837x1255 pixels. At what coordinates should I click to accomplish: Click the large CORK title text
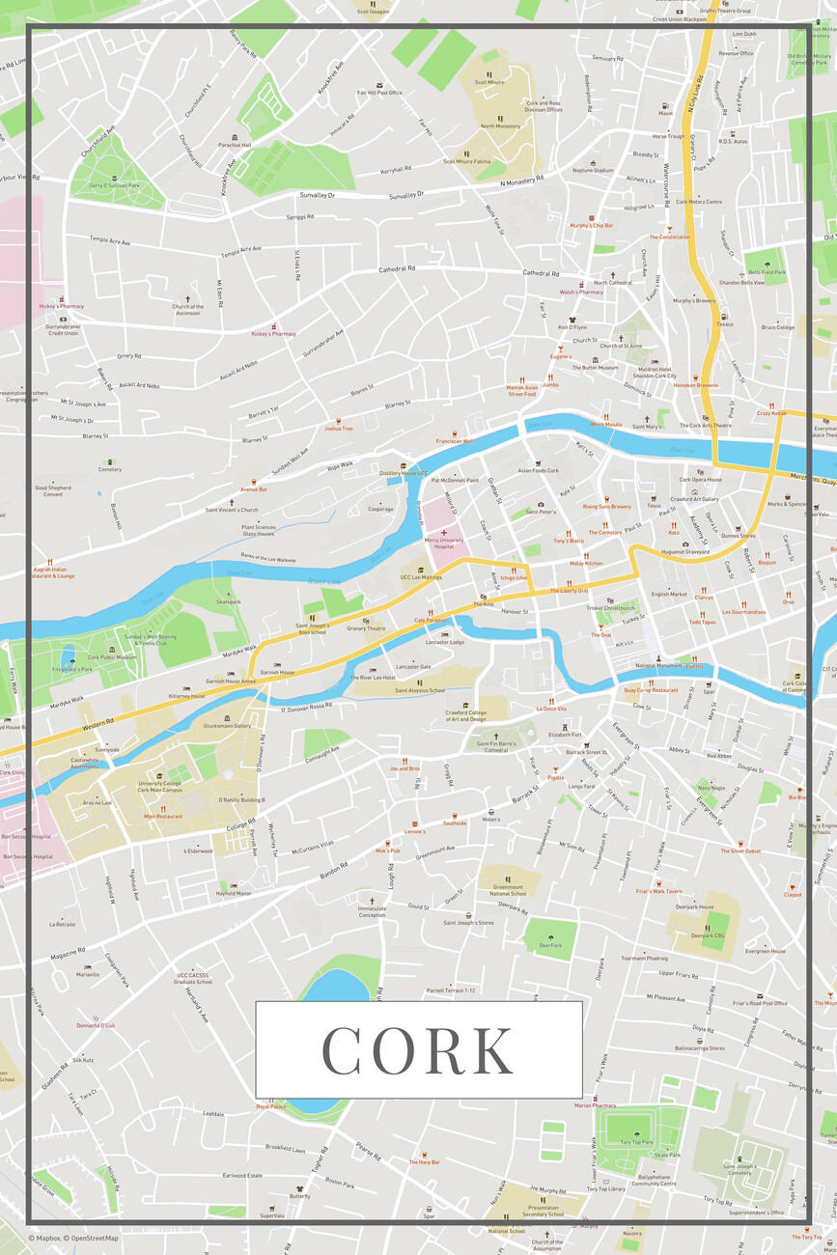418,1049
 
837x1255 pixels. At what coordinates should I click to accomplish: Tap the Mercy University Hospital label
444,544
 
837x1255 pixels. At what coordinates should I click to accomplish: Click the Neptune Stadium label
593,171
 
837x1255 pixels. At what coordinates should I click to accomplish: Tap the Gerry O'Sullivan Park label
115,184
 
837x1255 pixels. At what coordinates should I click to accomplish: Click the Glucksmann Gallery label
227,726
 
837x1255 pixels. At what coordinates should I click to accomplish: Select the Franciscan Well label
453,441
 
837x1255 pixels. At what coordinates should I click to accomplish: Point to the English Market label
669,594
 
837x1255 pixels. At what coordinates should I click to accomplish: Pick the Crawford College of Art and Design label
465,715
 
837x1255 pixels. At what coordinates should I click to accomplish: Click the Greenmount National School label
509,890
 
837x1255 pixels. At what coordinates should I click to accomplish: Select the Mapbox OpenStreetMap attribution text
73,1239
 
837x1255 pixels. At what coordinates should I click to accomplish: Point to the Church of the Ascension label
187,310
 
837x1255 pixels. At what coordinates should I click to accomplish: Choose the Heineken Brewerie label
695,385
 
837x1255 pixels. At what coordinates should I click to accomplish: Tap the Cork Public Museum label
112,657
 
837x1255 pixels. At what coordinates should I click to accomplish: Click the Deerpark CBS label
707,935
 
